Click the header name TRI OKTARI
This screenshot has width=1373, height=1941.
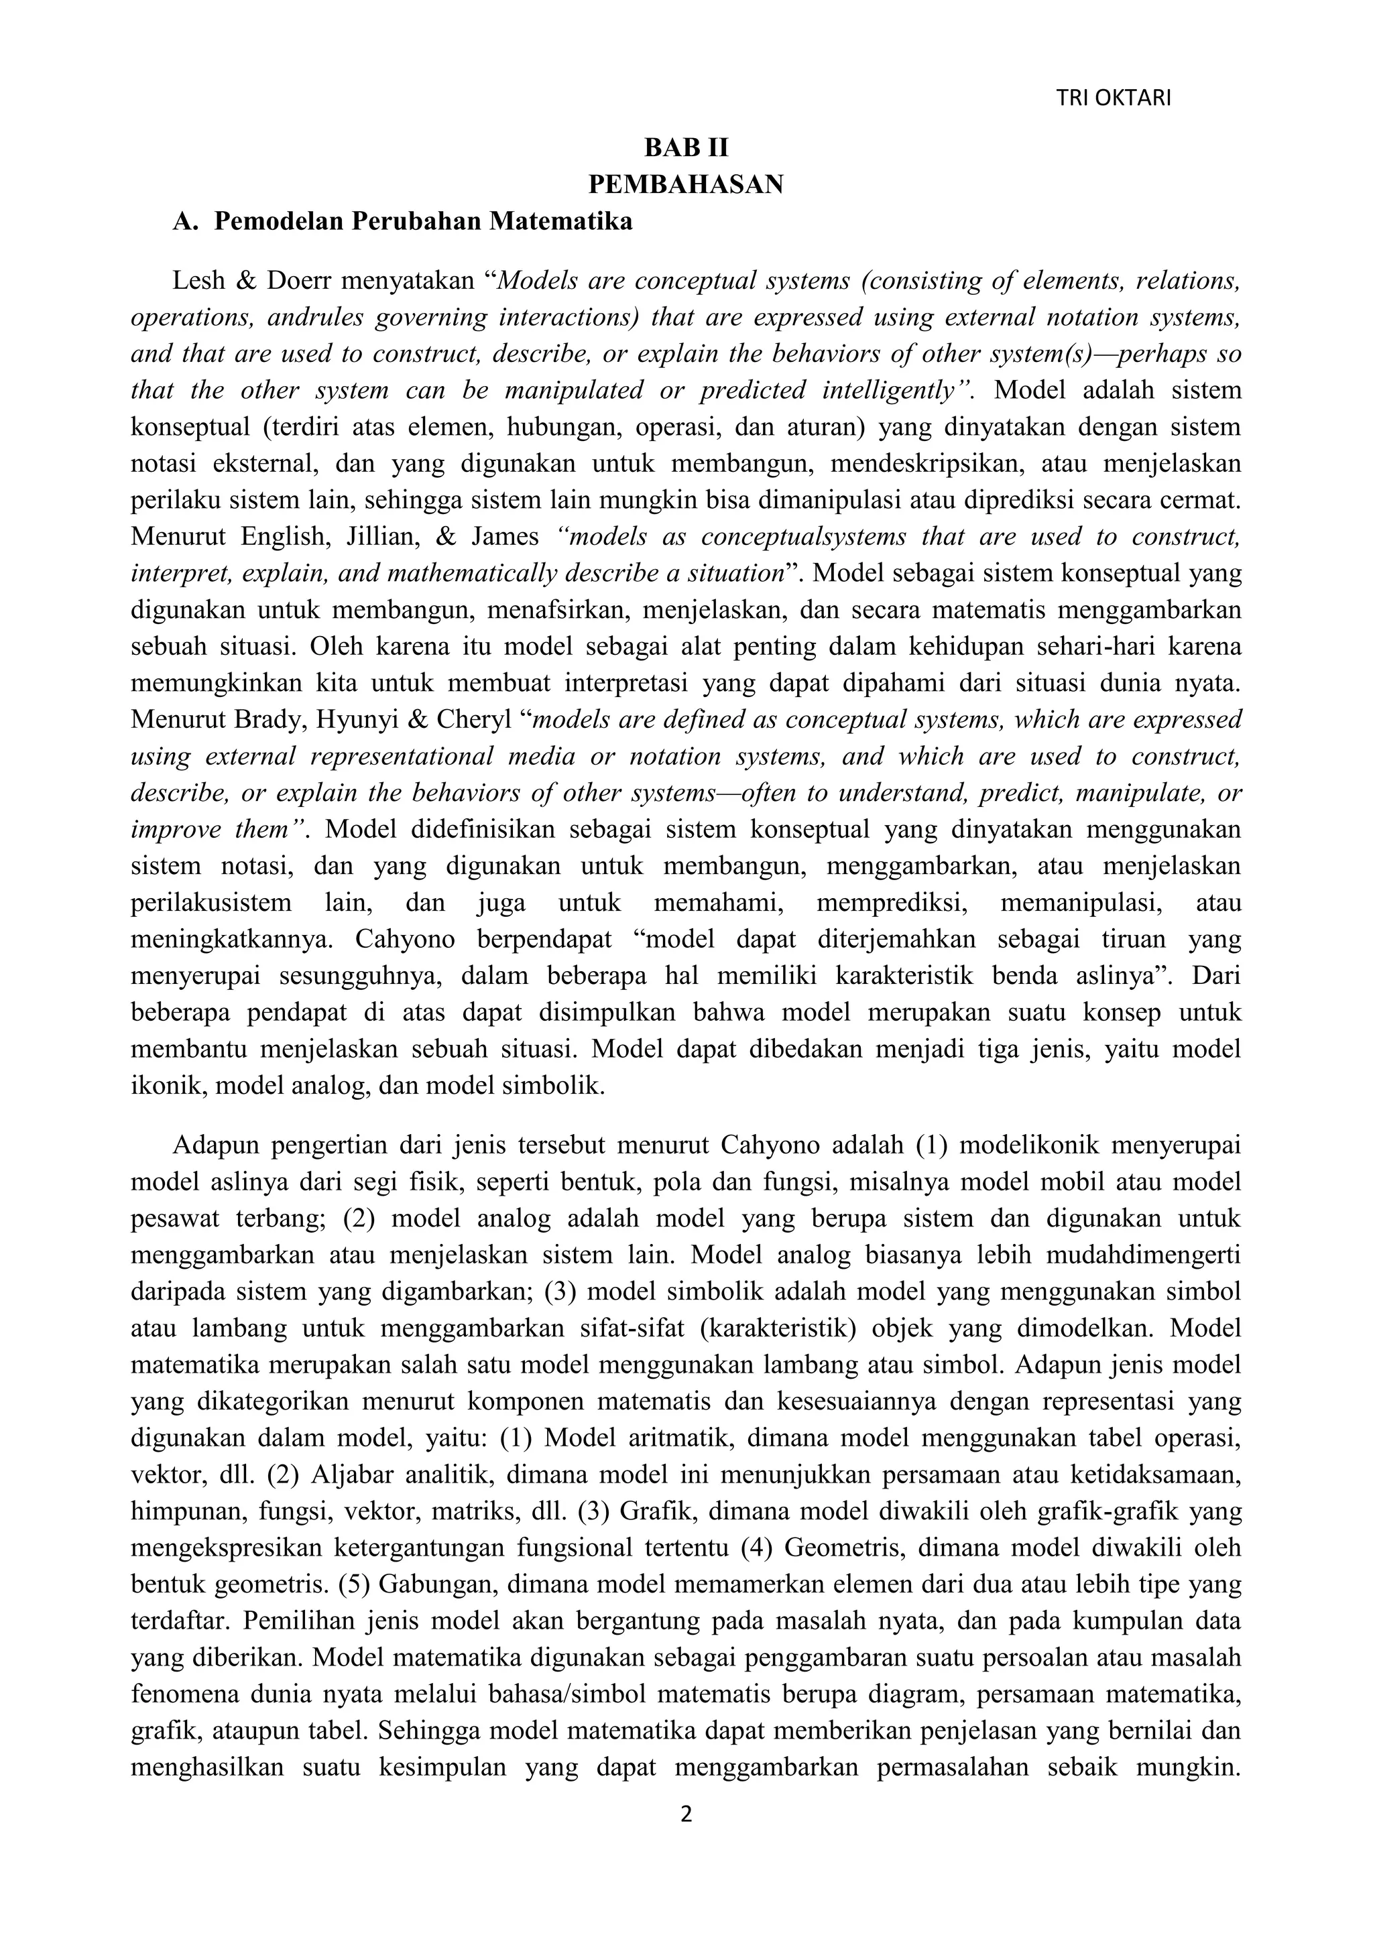tap(1114, 99)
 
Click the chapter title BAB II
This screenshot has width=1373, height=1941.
tap(686, 148)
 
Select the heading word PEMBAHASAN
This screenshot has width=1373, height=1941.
tap(686, 184)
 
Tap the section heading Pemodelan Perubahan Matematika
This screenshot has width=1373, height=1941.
tap(423, 221)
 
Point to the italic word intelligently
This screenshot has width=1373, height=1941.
tap(894, 391)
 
